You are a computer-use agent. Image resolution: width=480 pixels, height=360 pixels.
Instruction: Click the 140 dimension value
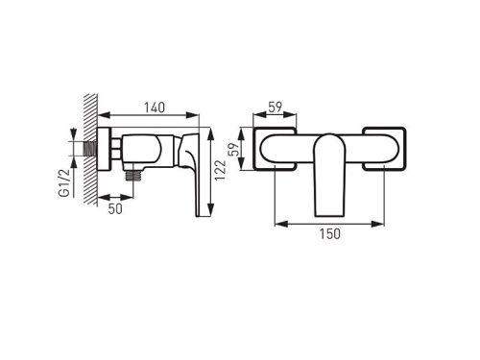pyautogui.click(x=155, y=108)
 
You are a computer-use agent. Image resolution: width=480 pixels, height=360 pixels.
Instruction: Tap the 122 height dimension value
pyautogui.click(x=220, y=170)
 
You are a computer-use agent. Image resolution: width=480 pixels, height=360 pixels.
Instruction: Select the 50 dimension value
pyautogui.click(x=115, y=209)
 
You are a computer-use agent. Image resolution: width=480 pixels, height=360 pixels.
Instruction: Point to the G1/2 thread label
pyautogui.click(x=64, y=182)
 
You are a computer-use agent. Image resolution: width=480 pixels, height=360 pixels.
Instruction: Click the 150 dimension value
pyautogui.click(x=330, y=234)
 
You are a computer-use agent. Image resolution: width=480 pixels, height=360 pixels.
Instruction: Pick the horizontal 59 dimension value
pyautogui.click(x=276, y=108)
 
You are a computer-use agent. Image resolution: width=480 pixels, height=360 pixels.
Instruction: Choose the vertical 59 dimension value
pyautogui.click(x=235, y=149)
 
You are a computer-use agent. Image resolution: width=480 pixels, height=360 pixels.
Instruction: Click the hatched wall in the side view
pyautogui.click(x=90, y=150)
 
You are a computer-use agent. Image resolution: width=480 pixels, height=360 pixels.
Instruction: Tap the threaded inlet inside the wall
pyautogui.click(x=90, y=149)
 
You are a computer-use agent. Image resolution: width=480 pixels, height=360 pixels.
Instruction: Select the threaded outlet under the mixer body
pyautogui.click(x=133, y=175)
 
